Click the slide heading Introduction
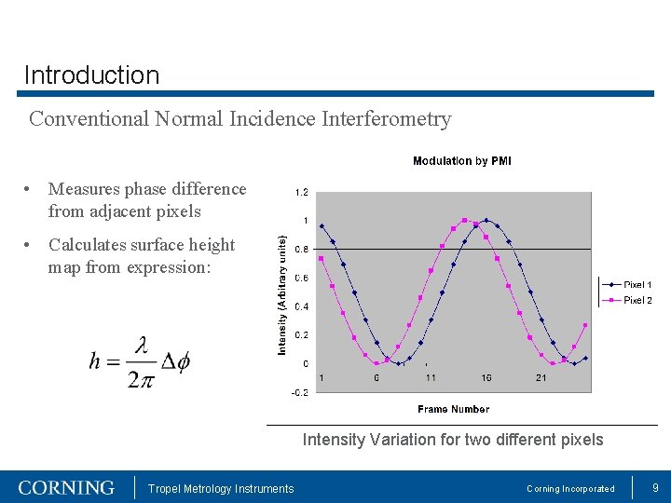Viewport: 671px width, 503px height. [x=91, y=75]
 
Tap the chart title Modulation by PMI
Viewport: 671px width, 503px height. [x=461, y=161]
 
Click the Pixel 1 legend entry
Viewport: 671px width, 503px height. [x=637, y=284]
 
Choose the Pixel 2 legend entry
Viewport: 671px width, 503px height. [x=637, y=300]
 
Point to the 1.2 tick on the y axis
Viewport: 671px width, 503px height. [x=302, y=193]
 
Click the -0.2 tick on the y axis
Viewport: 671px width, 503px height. [x=300, y=392]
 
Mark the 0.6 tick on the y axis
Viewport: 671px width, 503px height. [x=302, y=278]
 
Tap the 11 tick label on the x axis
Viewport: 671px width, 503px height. [x=431, y=377]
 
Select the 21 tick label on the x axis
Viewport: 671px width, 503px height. [x=541, y=377]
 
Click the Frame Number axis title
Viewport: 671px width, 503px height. [x=453, y=409]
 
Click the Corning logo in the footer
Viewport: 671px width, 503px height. [x=66, y=488]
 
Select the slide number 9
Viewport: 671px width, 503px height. [x=655, y=487]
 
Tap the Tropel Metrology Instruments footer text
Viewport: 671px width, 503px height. [x=221, y=489]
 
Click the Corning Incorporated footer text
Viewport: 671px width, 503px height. [x=570, y=489]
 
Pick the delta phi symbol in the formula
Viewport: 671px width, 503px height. [x=175, y=361]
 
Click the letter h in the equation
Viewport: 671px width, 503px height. [x=94, y=361]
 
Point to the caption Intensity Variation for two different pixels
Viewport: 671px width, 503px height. [x=453, y=440]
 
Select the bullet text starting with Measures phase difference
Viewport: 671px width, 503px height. [x=147, y=200]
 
